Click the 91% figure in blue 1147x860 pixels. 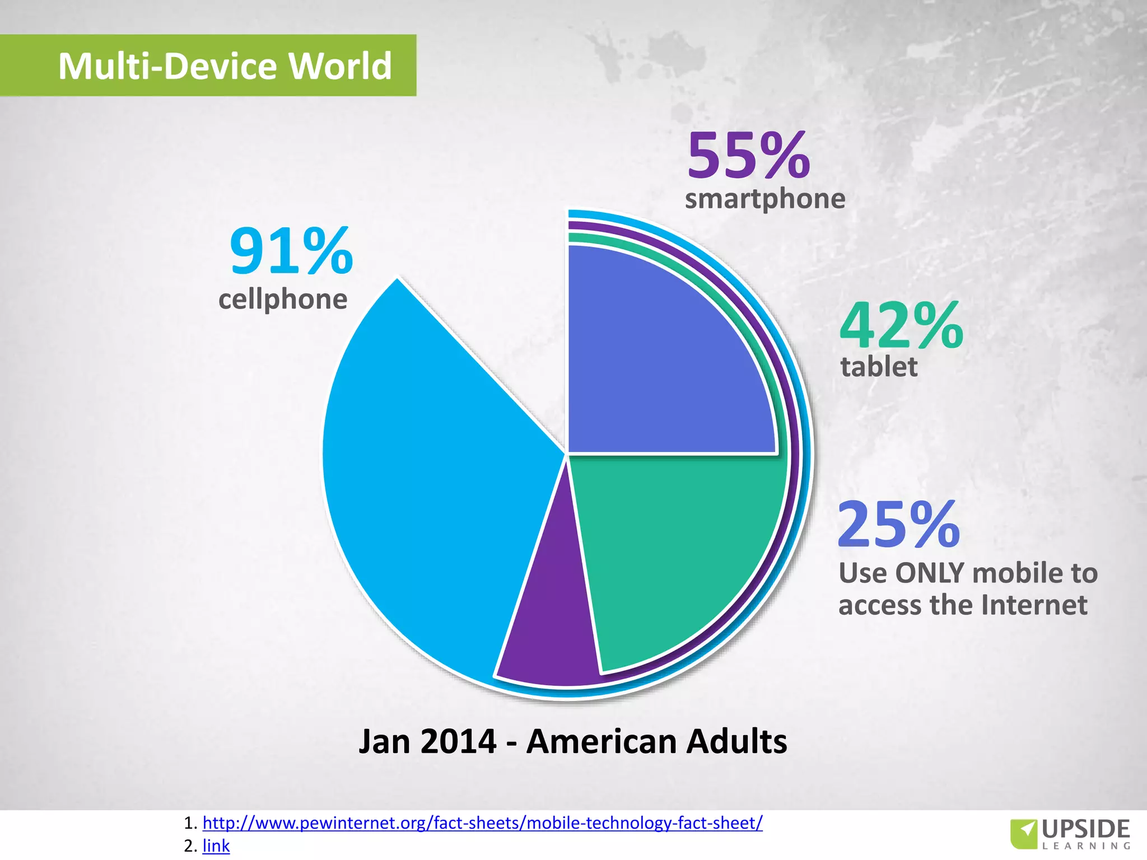(x=291, y=252)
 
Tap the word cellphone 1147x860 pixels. (x=283, y=299)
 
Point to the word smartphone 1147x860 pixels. (x=765, y=199)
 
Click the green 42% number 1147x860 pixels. (x=901, y=326)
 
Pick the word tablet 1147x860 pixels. (x=879, y=367)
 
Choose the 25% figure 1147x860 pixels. (x=899, y=525)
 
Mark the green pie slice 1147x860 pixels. (x=672, y=549)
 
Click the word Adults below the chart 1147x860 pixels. (x=736, y=741)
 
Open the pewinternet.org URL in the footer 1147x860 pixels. (x=482, y=822)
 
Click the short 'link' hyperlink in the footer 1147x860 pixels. (x=216, y=845)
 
